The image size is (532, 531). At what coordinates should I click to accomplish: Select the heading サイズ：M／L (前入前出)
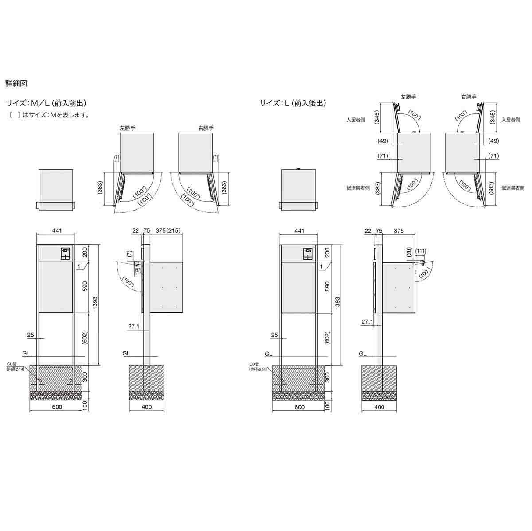(46, 103)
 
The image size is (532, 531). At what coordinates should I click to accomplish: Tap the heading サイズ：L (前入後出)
(293, 103)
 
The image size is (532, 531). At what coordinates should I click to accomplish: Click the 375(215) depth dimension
(168, 230)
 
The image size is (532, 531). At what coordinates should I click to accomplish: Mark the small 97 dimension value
(138, 269)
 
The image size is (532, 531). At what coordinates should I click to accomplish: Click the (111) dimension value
(421, 251)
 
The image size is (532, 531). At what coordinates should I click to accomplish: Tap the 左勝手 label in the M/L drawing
(127, 128)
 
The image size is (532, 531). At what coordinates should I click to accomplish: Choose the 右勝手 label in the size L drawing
(469, 97)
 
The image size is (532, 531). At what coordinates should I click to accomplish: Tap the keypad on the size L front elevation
(307, 254)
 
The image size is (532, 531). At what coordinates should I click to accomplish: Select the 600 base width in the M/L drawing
(57, 406)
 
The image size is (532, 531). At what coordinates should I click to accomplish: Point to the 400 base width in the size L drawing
(379, 406)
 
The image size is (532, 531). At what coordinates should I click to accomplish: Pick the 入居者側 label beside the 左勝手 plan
(356, 120)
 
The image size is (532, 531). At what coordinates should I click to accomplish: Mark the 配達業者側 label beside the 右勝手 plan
(513, 188)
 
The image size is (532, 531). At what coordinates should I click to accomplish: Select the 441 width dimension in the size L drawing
(299, 231)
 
